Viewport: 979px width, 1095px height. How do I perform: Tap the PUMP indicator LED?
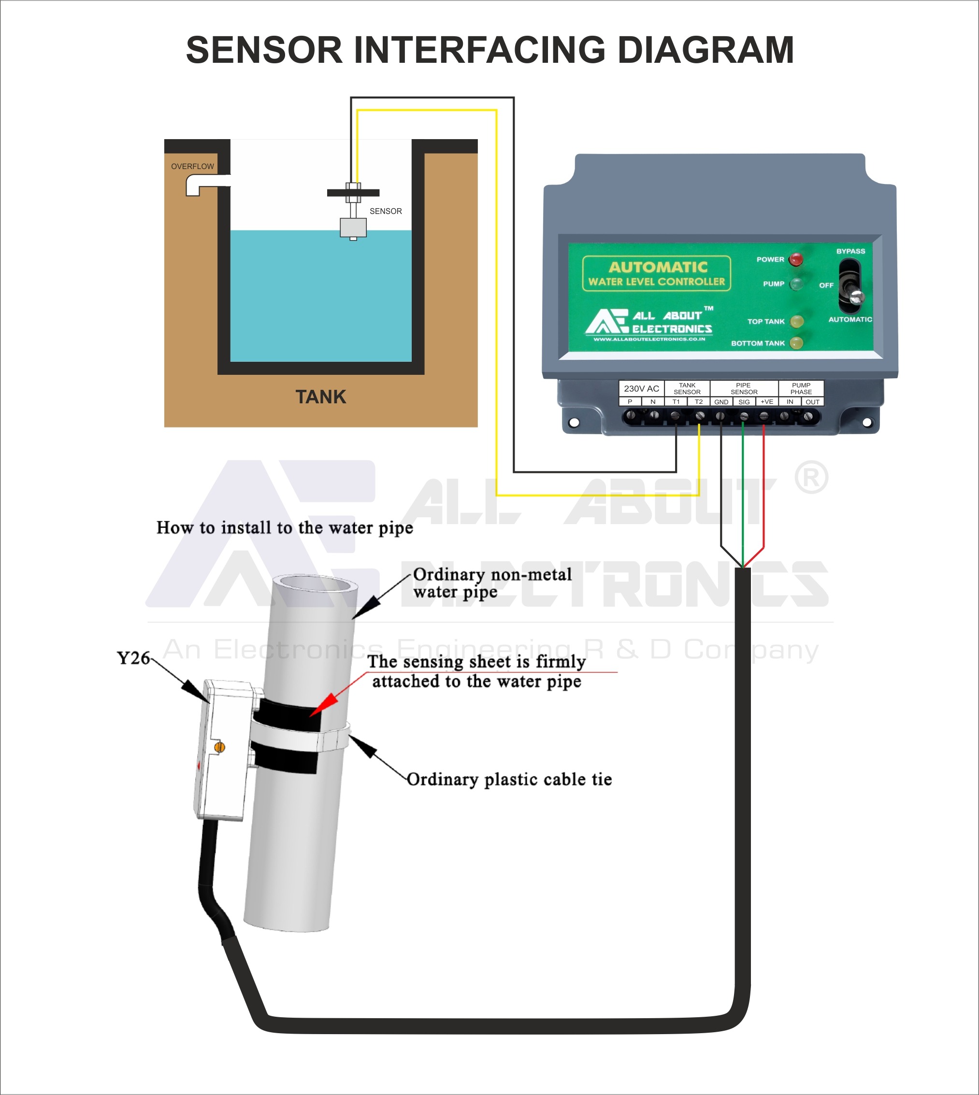click(796, 284)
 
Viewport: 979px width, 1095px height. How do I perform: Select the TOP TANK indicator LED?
click(797, 322)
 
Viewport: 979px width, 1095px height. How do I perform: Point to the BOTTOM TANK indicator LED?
click(796, 343)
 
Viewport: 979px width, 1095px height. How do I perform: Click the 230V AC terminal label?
click(641, 389)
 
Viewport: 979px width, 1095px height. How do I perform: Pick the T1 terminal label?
click(676, 402)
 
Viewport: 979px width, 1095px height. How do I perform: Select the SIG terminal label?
click(744, 402)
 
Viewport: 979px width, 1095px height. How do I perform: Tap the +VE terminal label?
click(766, 402)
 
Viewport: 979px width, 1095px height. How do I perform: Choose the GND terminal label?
click(721, 402)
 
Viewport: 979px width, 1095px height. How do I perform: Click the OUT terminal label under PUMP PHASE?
click(812, 402)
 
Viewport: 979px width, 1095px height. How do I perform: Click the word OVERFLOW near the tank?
click(193, 167)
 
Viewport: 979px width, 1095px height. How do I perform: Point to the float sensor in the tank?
click(353, 228)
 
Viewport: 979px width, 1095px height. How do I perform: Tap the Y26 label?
click(133, 658)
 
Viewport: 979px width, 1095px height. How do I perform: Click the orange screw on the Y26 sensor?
click(219, 747)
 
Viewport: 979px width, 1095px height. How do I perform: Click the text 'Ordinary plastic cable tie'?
click(509, 780)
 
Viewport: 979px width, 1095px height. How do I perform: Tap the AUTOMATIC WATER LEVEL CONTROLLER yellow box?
click(656, 273)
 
